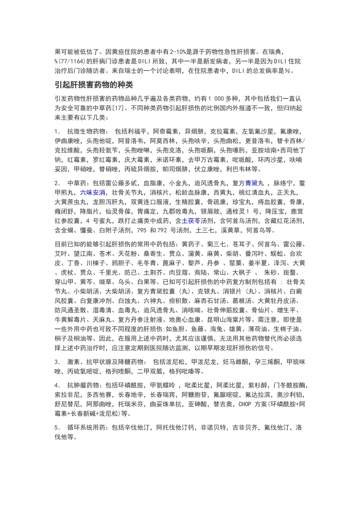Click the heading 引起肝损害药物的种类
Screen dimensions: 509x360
(x=94, y=84)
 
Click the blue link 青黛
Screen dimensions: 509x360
(x=252, y=183)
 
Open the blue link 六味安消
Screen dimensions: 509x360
(x=93, y=192)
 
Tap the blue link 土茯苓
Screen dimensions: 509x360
(x=191, y=221)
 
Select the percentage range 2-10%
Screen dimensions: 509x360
(x=180, y=52)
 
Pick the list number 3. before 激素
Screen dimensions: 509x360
(x=57, y=362)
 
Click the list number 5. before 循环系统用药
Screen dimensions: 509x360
(x=57, y=428)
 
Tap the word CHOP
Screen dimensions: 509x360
(x=245, y=404)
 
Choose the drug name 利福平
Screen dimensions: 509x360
(x=137, y=132)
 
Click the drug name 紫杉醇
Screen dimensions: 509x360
(x=258, y=386)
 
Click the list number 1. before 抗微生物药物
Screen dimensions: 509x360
(x=57, y=132)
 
